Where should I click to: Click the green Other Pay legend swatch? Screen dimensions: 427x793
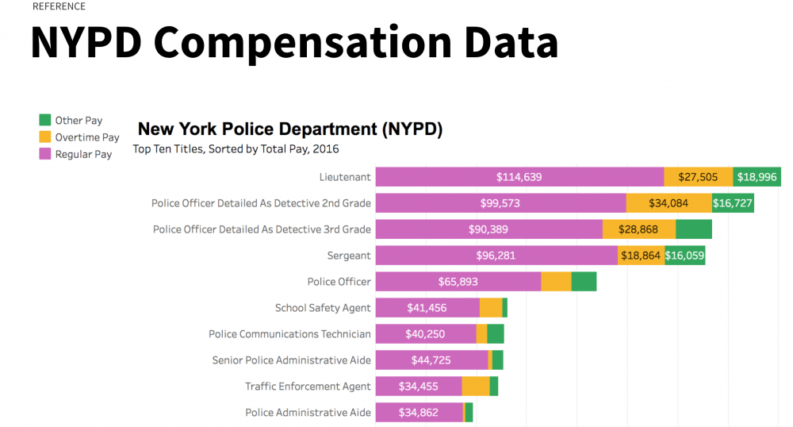[45, 120]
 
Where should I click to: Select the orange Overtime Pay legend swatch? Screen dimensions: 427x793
[45, 137]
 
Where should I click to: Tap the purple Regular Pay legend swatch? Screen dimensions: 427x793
[45, 154]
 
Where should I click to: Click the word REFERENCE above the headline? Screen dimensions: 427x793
[59, 6]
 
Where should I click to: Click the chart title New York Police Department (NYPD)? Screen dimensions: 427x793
[290, 129]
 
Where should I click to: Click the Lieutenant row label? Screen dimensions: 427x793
[345, 177]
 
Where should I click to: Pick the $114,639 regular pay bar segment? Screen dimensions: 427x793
[519, 177]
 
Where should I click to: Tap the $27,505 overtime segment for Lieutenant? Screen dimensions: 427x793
[698, 177]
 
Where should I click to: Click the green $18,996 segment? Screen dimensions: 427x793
[756, 177]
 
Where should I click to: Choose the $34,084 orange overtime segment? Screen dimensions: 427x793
[668, 203]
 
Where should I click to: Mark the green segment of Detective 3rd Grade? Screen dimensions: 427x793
[693, 229]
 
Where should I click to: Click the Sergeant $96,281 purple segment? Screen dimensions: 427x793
[496, 256]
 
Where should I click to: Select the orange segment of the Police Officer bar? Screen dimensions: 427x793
[556, 282]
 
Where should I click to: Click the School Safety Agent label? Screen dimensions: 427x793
[323, 308]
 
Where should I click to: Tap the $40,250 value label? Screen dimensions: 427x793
[426, 334]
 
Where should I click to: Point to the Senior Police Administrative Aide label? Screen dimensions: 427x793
[291, 360]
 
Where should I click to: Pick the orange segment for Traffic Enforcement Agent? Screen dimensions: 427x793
[475, 387]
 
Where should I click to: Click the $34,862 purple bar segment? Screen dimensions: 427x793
[419, 413]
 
